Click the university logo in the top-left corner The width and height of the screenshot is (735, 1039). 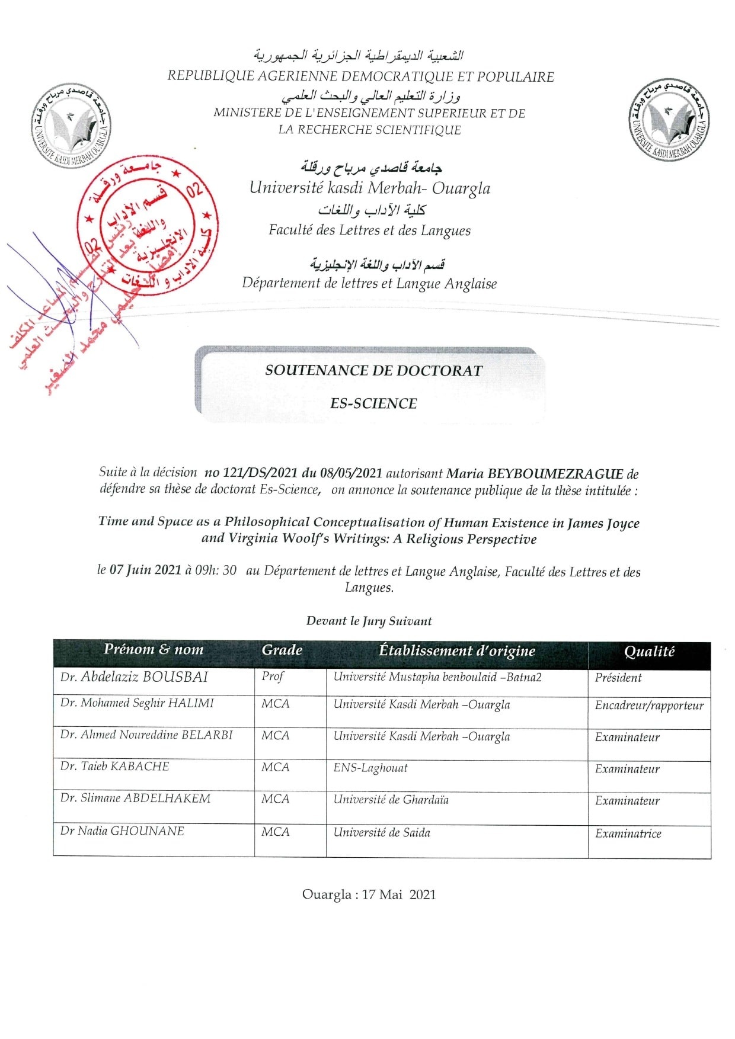coord(71,126)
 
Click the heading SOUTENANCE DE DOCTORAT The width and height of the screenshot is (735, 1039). coord(373,371)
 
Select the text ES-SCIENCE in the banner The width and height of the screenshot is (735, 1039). coord(373,403)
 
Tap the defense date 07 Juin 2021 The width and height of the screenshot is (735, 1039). coord(145,570)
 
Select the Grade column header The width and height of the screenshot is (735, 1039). coord(282,650)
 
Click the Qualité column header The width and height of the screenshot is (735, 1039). coord(649,652)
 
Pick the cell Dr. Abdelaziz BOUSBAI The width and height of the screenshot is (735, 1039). coord(134,677)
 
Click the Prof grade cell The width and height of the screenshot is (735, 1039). coord(273,676)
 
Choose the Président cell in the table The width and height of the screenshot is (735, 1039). coord(618,678)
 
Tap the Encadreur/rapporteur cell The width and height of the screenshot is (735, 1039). coord(649,706)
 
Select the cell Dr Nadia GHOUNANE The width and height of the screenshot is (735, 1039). coord(122,831)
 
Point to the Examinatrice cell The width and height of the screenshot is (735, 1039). coord(628,833)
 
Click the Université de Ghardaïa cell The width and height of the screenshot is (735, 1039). coord(391,800)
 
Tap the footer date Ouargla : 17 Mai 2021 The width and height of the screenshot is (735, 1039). coord(369,894)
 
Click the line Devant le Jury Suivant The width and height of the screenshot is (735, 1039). coord(369,621)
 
